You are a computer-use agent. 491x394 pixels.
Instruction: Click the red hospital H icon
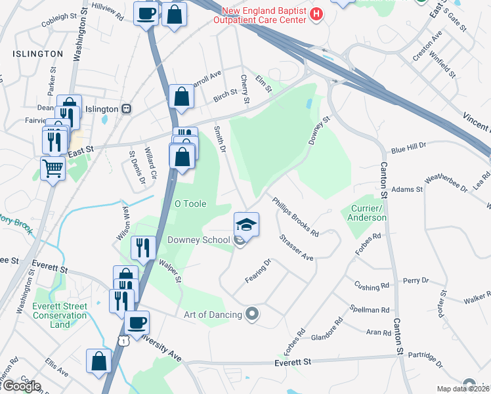[316, 14]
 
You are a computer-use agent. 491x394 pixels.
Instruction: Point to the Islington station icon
[128, 109]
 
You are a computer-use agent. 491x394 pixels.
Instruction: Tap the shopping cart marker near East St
[53, 168]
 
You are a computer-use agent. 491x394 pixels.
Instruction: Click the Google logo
[22, 385]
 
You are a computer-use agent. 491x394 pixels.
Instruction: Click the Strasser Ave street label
[296, 248]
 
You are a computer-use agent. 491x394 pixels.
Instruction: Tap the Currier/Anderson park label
[367, 213]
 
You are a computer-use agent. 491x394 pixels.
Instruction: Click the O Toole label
[190, 204]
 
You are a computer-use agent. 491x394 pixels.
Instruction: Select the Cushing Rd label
[372, 287]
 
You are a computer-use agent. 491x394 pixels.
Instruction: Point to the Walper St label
[169, 271]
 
